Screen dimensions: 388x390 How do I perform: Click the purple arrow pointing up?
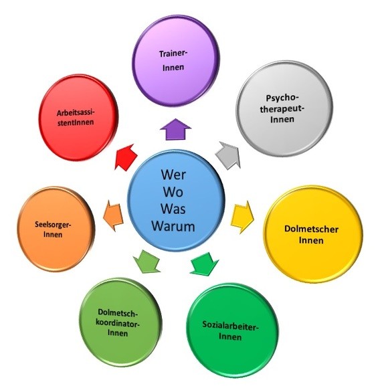(x=175, y=129)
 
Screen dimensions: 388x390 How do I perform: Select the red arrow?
(x=126, y=157)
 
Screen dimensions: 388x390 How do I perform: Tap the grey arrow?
(x=228, y=155)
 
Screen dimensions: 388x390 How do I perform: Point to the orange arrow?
(x=113, y=215)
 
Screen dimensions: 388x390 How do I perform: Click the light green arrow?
(x=147, y=262)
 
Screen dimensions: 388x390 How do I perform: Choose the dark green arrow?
(x=205, y=264)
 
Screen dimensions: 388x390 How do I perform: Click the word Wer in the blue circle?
(x=173, y=175)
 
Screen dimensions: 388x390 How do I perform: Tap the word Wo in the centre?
(x=173, y=192)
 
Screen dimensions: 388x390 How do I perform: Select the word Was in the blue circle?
(x=173, y=209)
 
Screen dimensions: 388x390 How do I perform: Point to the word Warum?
(x=173, y=226)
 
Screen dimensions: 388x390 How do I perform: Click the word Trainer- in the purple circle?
(x=173, y=54)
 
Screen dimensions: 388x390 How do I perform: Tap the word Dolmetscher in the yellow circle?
(x=311, y=229)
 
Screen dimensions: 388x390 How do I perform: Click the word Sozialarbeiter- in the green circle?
(x=231, y=325)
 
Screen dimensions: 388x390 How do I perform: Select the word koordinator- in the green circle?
(x=118, y=323)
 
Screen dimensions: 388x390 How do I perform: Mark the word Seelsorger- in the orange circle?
(x=53, y=225)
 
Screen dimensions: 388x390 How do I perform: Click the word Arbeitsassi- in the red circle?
(x=76, y=113)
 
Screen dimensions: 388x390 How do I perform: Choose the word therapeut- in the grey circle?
(x=282, y=109)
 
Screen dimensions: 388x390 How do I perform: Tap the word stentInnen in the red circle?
(x=76, y=122)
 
